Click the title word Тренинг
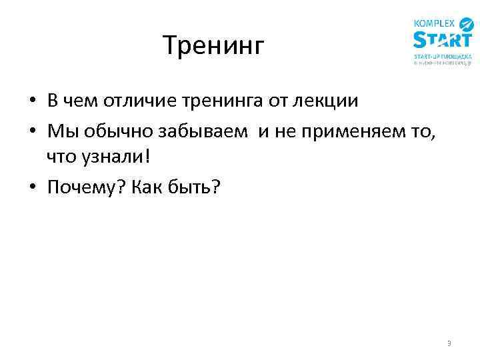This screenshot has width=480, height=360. pyautogui.click(x=214, y=46)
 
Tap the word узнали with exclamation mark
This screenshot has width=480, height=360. pyautogui.click(x=122, y=159)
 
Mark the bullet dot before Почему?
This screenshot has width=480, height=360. pyautogui.click(x=32, y=189)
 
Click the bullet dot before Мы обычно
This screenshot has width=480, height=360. pyautogui.click(x=32, y=131)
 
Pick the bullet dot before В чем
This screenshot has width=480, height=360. pyautogui.click(x=32, y=101)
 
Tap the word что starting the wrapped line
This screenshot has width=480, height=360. pyautogui.click(x=59, y=159)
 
